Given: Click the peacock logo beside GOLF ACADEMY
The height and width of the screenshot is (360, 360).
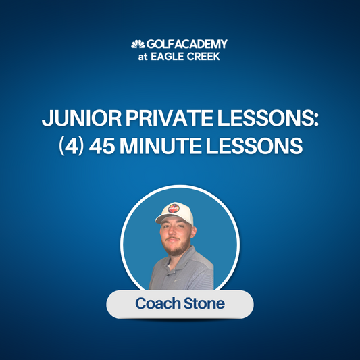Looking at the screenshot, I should click(x=137, y=45).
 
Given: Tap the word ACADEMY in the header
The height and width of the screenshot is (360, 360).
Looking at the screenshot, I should click(x=200, y=45).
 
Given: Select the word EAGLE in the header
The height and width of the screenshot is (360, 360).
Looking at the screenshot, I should click(x=174, y=57).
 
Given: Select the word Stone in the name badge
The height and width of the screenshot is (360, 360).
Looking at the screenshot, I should click(x=203, y=304).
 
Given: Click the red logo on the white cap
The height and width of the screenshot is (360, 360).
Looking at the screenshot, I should click(x=174, y=209).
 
